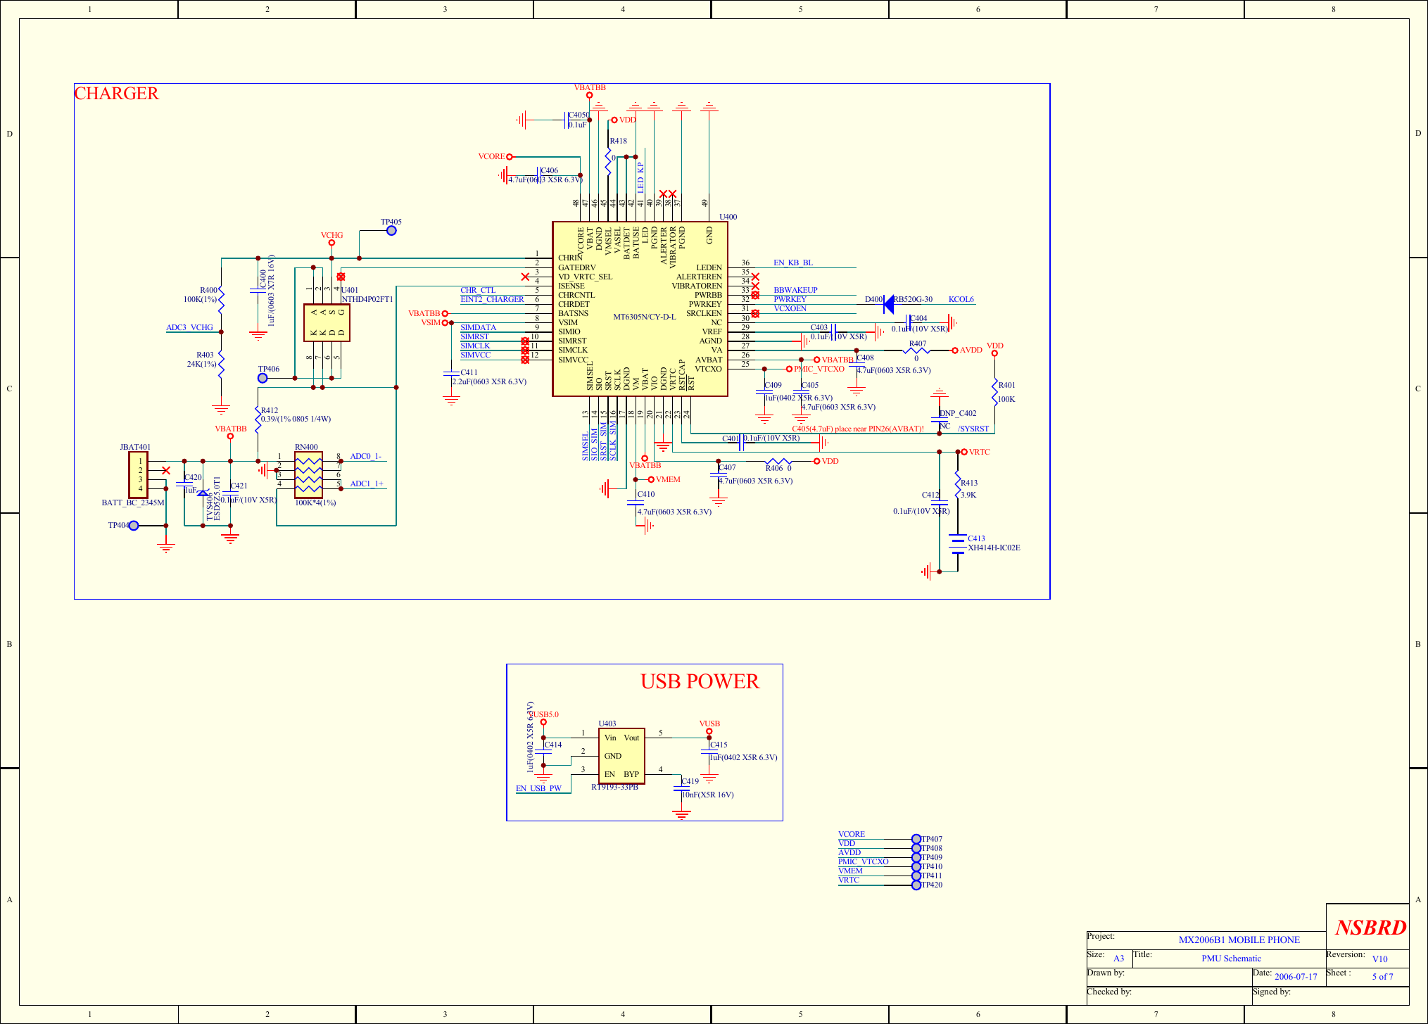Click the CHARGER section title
(x=117, y=94)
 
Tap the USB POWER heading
(x=699, y=681)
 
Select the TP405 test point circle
(x=391, y=231)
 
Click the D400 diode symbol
(x=888, y=304)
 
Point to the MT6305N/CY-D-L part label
(x=644, y=317)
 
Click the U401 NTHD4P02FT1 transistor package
(x=327, y=322)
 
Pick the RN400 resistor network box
(x=308, y=475)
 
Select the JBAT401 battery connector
(x=138, y=475)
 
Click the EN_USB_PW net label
(x=538, y=788)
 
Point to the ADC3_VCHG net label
(x=189, y=327)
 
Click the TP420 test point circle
(x=916, y=885)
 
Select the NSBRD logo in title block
(x=1370, y=928)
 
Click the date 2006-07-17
(x=1296, y=976)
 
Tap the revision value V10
(x=1379, y=959)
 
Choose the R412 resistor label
(x=270, y=410)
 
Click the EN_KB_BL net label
(x=793, y=263)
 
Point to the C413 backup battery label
(x=976, y=538)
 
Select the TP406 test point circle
(x=263, y=378)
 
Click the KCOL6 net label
(x=961, y=299)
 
